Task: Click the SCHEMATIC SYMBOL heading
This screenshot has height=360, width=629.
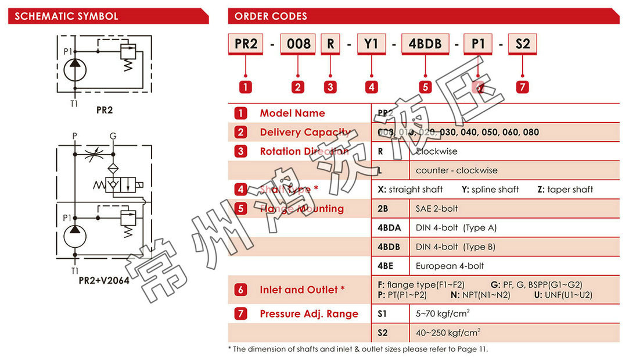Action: (66, 16)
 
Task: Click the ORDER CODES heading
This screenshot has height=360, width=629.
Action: (271, 16)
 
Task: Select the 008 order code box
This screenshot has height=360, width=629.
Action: (299, 44)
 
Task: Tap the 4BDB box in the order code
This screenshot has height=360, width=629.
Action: (426, 44)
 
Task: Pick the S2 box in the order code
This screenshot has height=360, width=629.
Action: (522, 44)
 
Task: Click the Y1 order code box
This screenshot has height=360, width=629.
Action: (371, 44)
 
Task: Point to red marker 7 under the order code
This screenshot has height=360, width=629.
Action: (522, 87)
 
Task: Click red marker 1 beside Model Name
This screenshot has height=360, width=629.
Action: (241, 113)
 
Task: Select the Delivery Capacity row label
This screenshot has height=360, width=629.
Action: (304, 132)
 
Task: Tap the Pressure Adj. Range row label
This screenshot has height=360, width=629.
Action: (308, 314)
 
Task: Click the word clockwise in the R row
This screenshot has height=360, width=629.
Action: (437, 151)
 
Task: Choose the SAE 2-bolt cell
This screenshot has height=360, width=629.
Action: (437, 208)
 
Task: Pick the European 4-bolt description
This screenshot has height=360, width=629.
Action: (450, 266)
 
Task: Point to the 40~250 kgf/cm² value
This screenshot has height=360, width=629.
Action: (448, 333)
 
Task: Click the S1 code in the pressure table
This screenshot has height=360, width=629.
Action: (383, 314)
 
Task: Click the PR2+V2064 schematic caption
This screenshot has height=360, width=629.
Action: (104, 280)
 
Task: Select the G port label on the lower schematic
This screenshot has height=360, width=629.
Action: (113, 136)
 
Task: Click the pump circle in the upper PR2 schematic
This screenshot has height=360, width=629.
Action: (75, 70)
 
